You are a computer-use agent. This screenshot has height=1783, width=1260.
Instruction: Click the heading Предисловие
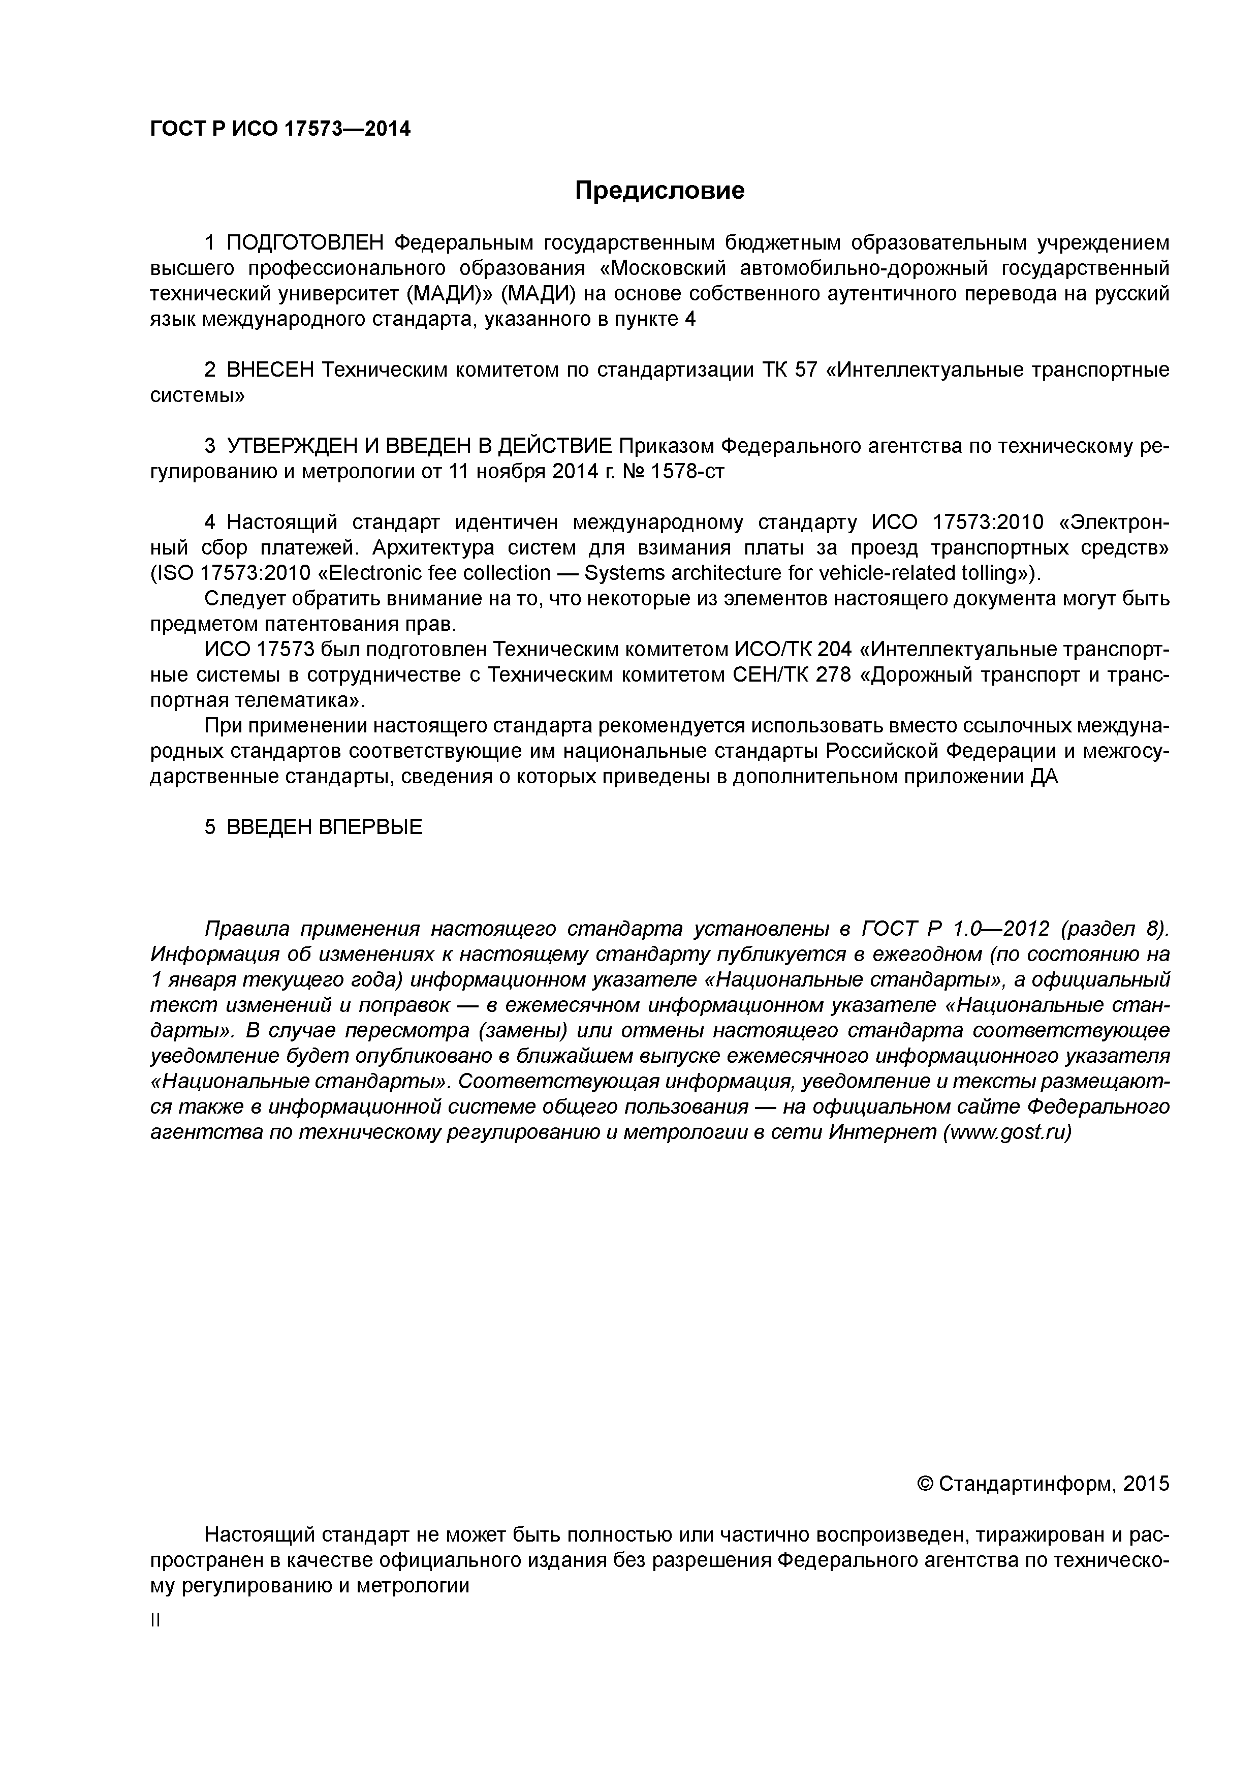click(659, 190)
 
